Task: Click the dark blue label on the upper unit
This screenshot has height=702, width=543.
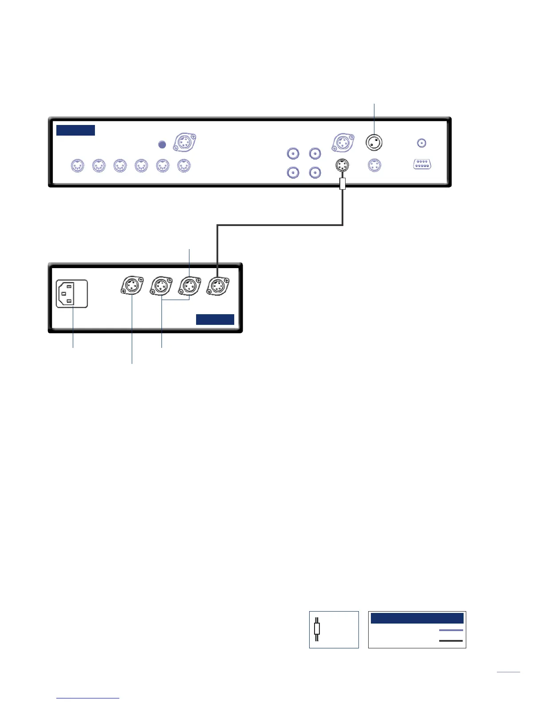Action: tap(75, 130)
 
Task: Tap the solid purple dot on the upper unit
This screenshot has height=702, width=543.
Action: tap(162, 144)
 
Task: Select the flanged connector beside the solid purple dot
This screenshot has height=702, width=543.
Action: tap(184, 142)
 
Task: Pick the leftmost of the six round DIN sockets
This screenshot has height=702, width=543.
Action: tap(78, 166)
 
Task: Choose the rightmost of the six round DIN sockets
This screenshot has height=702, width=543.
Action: tap(184, 166)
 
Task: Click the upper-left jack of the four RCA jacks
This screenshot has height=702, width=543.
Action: tap(293, 154)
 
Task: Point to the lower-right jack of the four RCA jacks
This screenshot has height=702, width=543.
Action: tap(315, 172)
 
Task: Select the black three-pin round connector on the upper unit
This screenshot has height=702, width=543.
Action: tap(374, 142)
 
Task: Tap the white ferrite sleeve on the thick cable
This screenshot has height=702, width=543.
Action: tap(342, 183)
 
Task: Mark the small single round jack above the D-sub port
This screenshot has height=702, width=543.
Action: tap(422, 143)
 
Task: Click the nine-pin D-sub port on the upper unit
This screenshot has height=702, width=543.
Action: tap(422, 164)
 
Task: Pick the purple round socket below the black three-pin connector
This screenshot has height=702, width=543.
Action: tap(374, 166)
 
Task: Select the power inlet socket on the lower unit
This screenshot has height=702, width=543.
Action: tap(72, 293)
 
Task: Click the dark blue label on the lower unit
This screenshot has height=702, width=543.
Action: tap(215, 320)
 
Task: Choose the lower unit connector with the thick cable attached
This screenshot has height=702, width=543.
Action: tap(217, 286)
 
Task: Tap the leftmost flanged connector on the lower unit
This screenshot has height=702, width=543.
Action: tap(132, 286)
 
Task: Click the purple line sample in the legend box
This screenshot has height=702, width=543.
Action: tap(451, 630)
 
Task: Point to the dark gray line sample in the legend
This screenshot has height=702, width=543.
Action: tap(451, 641)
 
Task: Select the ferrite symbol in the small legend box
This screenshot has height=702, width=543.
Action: tap(317, 629)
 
